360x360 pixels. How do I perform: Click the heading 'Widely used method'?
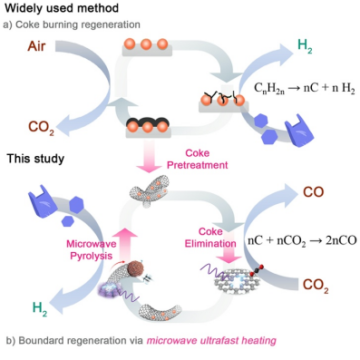(x=62, y=8)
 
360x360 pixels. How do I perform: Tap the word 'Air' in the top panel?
(x=36, y=46)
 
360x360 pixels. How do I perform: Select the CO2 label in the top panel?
(x=41, y=127)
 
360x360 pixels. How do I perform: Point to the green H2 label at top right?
(x=305, y=46)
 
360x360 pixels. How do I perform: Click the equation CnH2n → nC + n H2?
(x=304, y=89)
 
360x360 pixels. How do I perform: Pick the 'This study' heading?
(x=35, y=159)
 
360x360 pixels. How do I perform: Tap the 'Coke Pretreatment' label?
(x=198, y=159)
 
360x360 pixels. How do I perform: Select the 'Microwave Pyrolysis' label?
(x=92, y=249)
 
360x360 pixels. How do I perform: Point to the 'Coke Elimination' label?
(x=210, y=238)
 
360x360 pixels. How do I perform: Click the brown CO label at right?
(x=313, y=192)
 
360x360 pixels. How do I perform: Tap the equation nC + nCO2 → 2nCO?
(x=302, y=241)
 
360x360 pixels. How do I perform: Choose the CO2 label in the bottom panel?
(x=316, y=286)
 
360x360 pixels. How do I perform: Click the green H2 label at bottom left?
(x=40, y=308)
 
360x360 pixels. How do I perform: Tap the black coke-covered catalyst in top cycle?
(x=148, y=126)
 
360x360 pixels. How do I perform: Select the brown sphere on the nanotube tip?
(x=135, y=268)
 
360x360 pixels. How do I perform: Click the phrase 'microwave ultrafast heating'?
(x=211, y=341)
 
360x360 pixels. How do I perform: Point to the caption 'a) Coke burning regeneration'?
(x=72, y=24)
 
